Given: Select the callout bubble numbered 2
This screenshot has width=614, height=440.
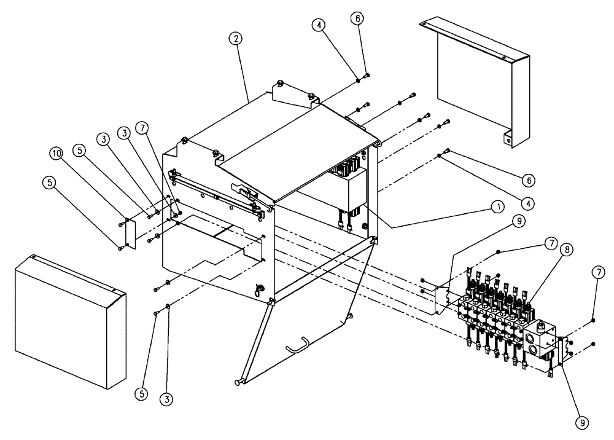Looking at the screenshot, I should coord(235,38).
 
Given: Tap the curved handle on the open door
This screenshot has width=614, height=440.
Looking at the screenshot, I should coord(299,348).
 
